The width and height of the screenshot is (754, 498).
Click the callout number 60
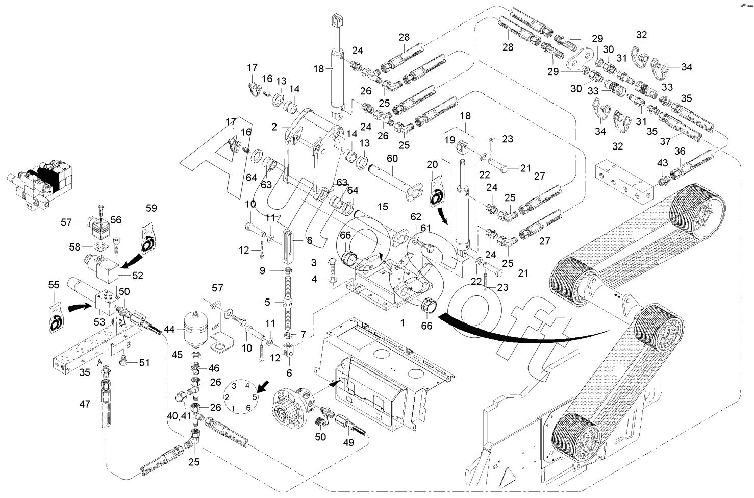pyautogui.click(x=392, y=159)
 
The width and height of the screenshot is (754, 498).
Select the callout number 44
pyautogui.click(x=168, y=331)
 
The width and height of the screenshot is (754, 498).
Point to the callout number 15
pyautogui.click(x=383, y=207)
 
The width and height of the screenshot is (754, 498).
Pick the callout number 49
pyautogui.click(x=348, y=443)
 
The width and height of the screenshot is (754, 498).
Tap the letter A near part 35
pyautogui.click(x=100, y=362)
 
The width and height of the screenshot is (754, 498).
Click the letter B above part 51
pyautogui.click(x=128, y=345)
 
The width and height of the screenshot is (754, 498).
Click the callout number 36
pyautogui.click(x=680, y=152)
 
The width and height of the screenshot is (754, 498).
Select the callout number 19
pyautogui.click(x=449, y=139)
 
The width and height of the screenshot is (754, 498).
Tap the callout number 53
pyautogui.click(x=99, y=322)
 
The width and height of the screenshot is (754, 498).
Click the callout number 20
pyautogui.click(x=432, y=164)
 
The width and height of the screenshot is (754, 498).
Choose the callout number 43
pyautogui.click(x=662, y=163)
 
